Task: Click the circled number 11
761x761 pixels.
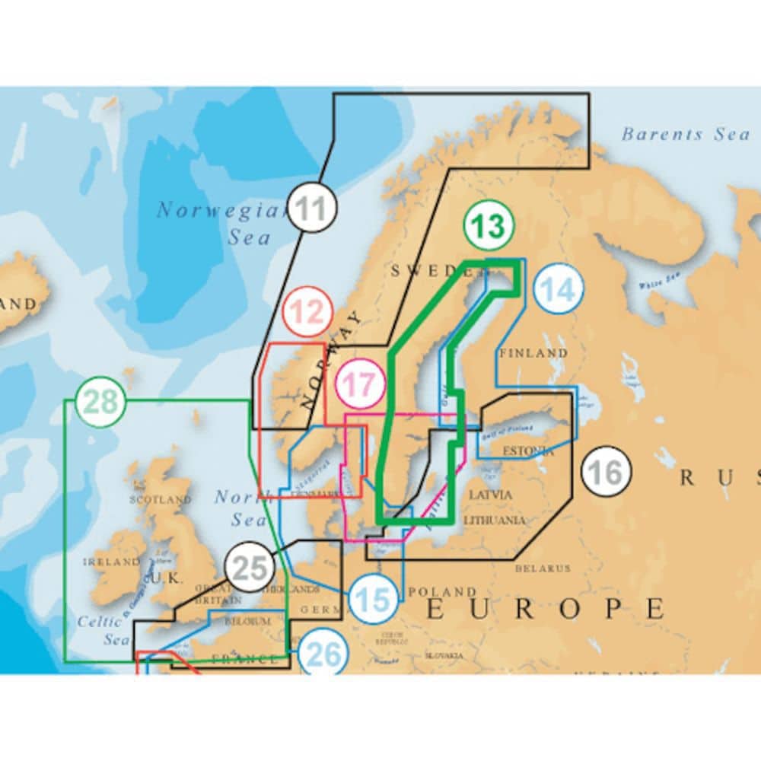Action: (x=312, y=208)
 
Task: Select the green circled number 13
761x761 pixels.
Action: (x=489, y=226)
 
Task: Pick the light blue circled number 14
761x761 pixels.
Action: (x=559, y=290)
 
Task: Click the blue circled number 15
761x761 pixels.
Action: (x=374, y=600)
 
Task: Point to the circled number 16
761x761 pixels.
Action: (x=606, y=473)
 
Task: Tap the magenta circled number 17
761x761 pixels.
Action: (x=360, y=384)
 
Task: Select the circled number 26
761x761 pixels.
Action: (x=323, y=655)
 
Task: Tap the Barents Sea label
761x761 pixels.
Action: (x=685, y=135)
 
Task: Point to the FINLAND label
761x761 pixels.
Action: (x=533, y=353)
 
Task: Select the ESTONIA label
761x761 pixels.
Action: (x=529, y=451)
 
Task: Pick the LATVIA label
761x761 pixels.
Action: (x=491, y=495)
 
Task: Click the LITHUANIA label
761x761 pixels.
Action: (x=495, y=521)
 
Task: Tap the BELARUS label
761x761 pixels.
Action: (x=543, y=568)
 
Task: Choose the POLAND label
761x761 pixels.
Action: (x=442, y=591)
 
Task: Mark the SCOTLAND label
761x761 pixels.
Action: (x=161, y=500)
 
